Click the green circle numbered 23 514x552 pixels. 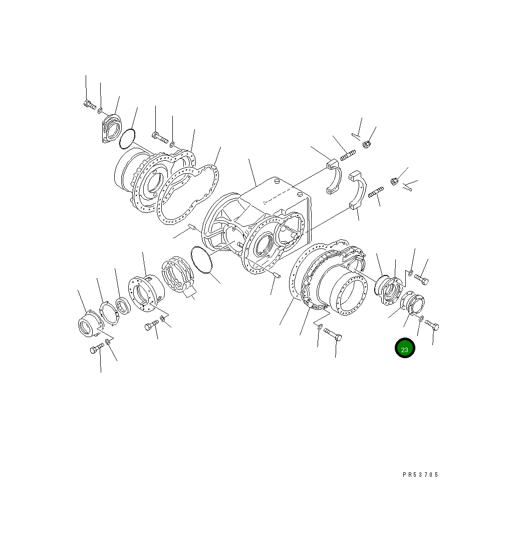(x=405, y=348)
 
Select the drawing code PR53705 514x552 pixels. (x=420, y=474)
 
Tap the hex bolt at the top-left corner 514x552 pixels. (x=90, y=105)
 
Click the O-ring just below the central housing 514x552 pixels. (x=202, y=260)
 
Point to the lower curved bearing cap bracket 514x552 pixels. (x=358, y=190)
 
